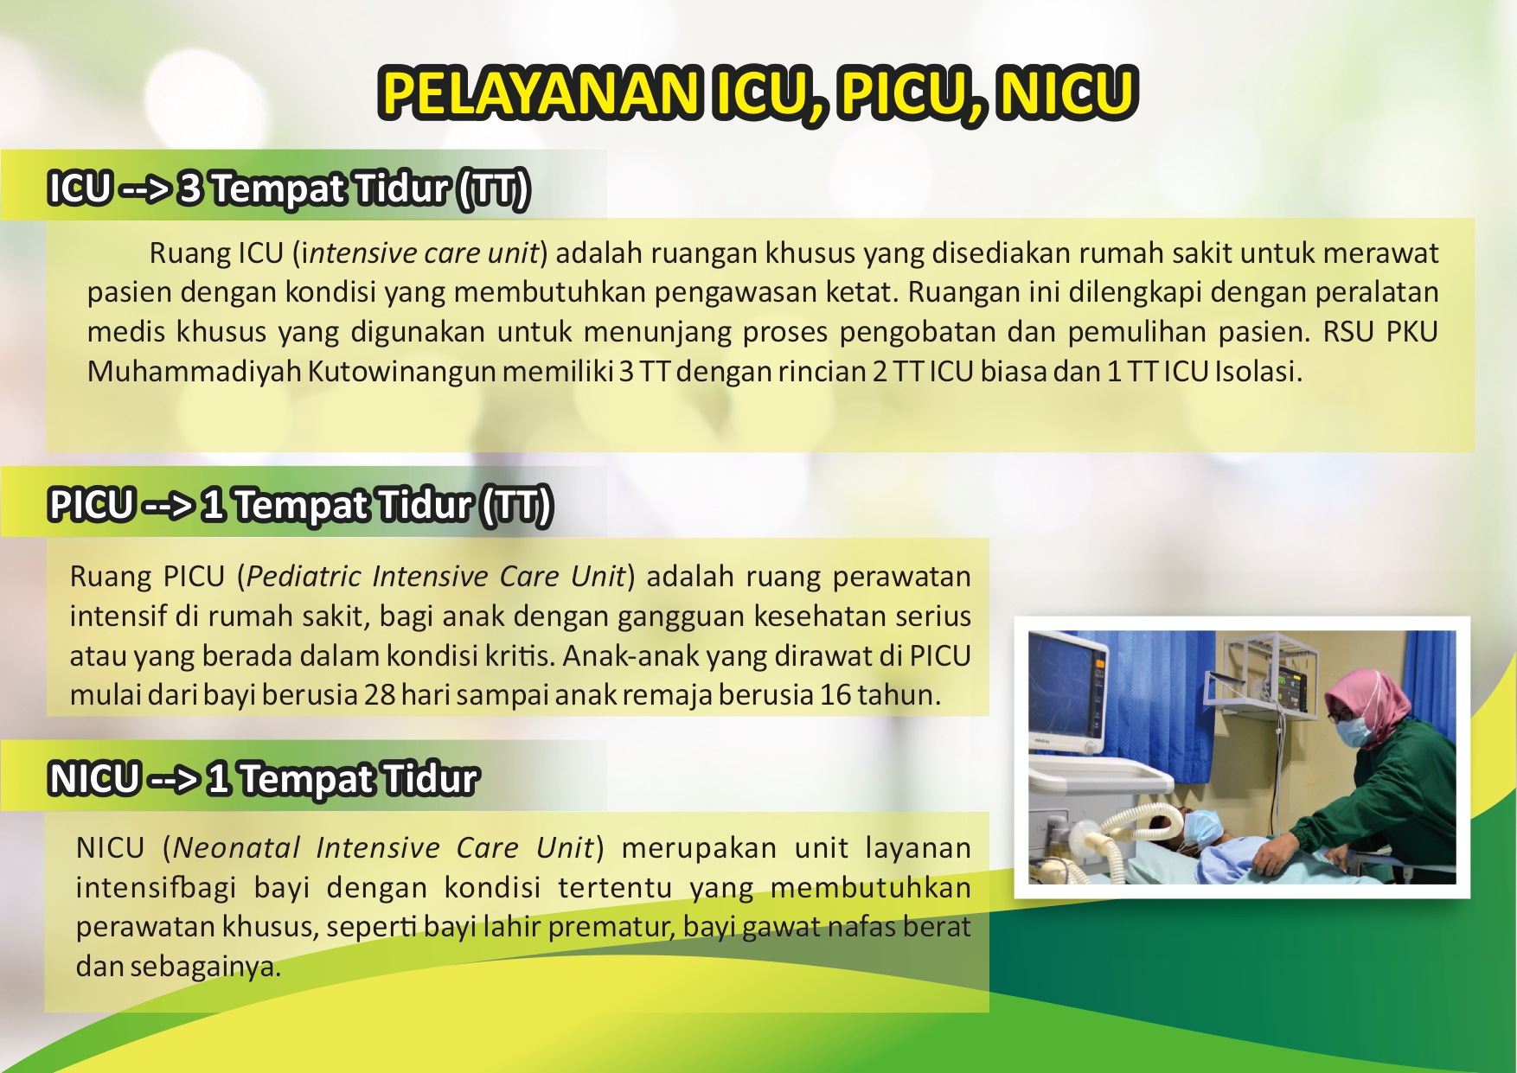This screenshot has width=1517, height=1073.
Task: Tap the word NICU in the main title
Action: click(x=1066, y=93)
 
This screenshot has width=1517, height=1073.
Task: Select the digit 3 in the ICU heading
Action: click(x=189, y=188)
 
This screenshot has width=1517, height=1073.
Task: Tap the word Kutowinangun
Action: click(x=402, y=372)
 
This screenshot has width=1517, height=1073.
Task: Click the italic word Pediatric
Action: click(x=304, y=577)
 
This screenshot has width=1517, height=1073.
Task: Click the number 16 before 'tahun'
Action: click(x=835, y=695)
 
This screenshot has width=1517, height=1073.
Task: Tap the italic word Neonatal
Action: click(x=236, y=848)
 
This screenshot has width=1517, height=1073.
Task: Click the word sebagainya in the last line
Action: click(x=205, y=967)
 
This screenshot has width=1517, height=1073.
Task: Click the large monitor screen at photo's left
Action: click(x=1064, y=692)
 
